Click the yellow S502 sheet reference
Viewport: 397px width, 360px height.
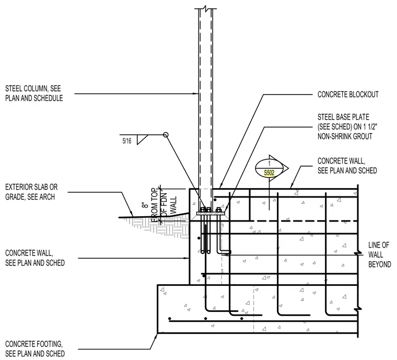click(x=269, y=173)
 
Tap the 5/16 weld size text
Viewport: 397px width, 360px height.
click(x=127, y=141)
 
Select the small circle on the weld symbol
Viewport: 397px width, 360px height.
click(x=166, y=135)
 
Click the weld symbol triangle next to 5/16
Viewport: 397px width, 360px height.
click(x=141, y=139)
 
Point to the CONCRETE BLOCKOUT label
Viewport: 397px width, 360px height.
click(x=348, y=95)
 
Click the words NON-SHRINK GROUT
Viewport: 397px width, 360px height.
click(x=345, y=136)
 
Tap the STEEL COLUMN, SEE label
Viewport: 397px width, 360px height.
click(x=33, y=88)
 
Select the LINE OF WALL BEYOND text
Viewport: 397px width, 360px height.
click(x=379, y=254)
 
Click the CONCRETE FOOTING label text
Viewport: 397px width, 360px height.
click(x=33, y=344)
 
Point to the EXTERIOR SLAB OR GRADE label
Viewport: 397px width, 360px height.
click(x=31, y=192)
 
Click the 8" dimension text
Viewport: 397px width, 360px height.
click(x=145, y=205)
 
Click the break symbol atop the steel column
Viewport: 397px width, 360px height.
click(x=206, y=8)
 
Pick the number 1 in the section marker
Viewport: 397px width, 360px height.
click(x=269, y=164)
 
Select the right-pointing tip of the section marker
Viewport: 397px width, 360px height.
click(x=288, y=168)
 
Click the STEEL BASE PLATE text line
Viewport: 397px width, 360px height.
click(x=343, y=117)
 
